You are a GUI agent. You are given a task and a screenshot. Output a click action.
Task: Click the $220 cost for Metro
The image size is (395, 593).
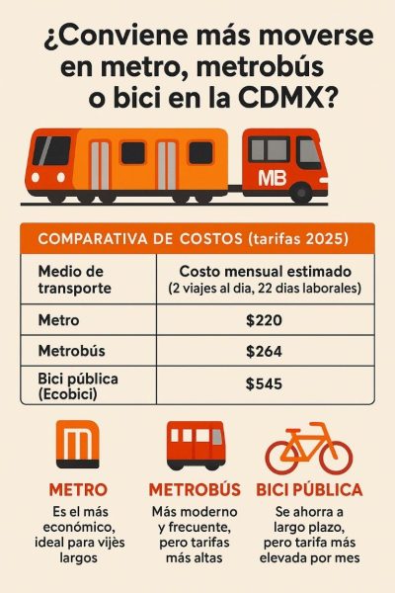pyautogui.click(x=264, y=321)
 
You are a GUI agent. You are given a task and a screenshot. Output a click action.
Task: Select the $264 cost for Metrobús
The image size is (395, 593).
pyautogui.click(x=264, y=351)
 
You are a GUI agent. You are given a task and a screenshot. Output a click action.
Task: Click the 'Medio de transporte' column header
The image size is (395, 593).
pyautogui.click(x=75, y=279)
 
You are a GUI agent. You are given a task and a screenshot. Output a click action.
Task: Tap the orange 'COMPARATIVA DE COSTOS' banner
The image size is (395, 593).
pyautogui.click(x=197, y=238)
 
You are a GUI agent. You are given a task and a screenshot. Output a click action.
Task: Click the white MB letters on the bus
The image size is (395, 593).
pyautogui.click(x=271, y=179)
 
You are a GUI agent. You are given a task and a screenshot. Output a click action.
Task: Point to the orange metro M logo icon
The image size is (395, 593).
pyautogui.click(x=76, y=446)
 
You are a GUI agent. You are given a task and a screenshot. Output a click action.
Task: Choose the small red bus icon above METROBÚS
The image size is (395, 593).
pyautogui.click(x=195, y=446)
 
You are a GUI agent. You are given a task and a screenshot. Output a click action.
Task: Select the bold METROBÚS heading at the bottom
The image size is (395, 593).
pyautogui.click(x=195, y=489)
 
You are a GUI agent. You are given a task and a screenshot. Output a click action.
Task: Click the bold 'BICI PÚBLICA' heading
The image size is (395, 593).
pyautogui.click(x=309, y=489)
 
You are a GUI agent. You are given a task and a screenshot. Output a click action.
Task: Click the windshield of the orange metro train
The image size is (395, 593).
pyautogui.click(x=51, y=150)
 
